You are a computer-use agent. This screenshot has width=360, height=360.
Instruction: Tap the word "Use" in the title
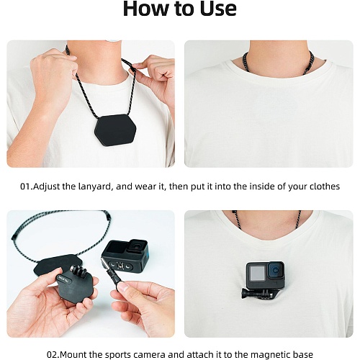click(x=218, y=9)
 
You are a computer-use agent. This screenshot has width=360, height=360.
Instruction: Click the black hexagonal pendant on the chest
click(x=115, y=130)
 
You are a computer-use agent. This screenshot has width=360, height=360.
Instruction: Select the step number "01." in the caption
click(x=26, y=186)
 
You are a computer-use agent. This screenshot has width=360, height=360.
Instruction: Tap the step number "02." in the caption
click(x=53, y=354)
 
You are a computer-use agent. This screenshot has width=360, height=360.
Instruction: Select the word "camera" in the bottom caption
click(x=149, y=355)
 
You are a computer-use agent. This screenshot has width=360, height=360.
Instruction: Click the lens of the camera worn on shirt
click(x=276, y=271)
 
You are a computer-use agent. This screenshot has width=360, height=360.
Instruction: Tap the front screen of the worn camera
click(x=257, y=273)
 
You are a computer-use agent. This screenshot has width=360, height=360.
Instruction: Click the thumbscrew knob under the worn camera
click(x=246, y=294)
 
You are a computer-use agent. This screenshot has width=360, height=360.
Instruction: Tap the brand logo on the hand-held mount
click(x=63, y=280)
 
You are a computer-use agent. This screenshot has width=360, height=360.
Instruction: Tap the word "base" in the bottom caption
click(x=302, y=354)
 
